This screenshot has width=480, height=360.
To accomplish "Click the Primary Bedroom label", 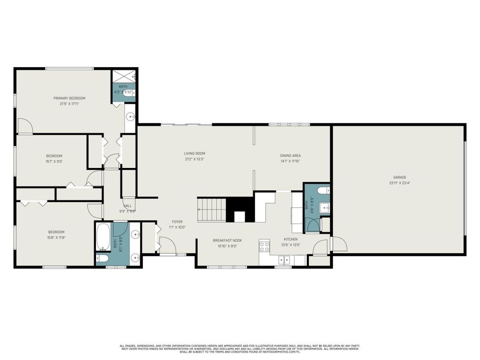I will click(x=69, y=98).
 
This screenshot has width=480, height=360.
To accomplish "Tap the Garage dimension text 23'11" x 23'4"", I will click(x=399, y=183).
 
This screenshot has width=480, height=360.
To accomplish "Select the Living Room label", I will click(x=195, y=154).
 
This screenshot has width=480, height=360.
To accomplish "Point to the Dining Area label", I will click(x=290, y=156).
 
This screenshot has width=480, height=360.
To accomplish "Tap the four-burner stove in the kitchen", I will click(x=265, y=246).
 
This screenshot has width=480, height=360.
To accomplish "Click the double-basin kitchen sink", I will click(x=284, y=260).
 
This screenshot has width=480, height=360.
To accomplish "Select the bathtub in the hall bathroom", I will click(x=103, y=237).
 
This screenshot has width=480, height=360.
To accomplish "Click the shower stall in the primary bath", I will click(x=123, y=76).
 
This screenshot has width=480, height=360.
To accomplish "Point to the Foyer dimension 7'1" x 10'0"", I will click(x=178, y=227).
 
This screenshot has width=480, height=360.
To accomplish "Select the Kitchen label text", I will click(x=291, y=239).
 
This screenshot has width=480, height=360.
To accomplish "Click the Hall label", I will click(x=127, y=205).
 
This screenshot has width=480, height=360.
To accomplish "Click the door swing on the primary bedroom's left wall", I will click(x=25, y=126).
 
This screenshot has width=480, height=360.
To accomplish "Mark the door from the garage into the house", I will click(x=338, y=244).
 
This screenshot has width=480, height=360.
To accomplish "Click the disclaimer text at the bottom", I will click(x=239, y=349).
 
